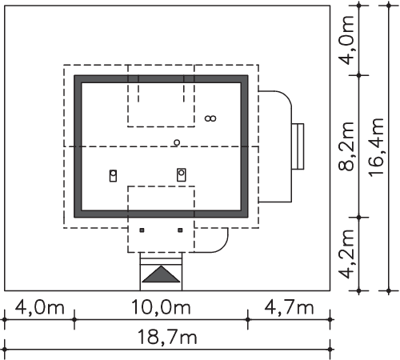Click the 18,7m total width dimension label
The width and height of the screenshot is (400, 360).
[167, 338]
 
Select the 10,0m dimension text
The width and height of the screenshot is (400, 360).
[161, 307]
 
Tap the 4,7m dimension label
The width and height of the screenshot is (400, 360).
[289, 307]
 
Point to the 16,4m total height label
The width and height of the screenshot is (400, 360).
[377, 147]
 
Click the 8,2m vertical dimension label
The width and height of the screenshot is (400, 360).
[346, 146]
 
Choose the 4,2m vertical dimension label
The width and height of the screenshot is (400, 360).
[346, 254]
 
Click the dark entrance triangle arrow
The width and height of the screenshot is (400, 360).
[161, 274]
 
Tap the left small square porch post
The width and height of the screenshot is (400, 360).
[142, 230]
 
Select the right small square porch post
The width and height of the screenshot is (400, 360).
[180, 230]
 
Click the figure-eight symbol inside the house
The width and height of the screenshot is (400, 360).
[210, 118]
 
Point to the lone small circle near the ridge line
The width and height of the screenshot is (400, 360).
[177, 142]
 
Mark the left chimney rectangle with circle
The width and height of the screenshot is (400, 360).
[113, 176]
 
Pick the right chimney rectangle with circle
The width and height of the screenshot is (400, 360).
[182, 174]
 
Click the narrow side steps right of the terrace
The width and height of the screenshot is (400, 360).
[298, 146]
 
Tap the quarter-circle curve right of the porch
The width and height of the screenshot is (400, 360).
[223, 246]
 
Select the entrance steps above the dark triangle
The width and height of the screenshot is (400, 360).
[161, 258]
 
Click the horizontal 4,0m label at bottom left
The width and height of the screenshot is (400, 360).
[39, 307]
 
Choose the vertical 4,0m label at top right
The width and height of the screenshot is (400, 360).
[346, 40]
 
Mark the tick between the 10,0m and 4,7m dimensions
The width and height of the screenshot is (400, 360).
[248, 319]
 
